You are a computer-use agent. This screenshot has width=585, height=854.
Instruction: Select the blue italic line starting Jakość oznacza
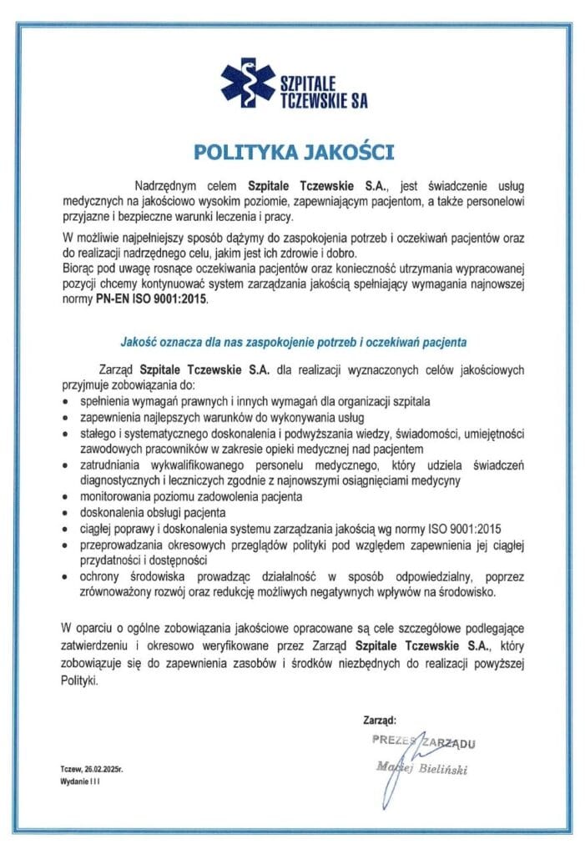293,341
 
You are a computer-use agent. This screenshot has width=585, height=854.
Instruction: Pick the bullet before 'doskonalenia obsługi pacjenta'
66,513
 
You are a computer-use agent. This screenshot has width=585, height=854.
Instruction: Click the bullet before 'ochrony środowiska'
66,577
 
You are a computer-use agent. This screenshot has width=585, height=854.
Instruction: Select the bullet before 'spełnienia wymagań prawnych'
66,402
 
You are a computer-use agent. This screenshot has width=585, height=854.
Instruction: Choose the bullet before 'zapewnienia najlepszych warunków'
66,418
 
